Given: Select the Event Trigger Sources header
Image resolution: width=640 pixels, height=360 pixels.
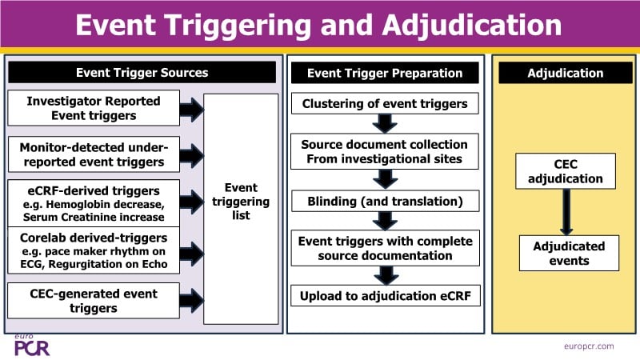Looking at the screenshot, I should click(142, 73).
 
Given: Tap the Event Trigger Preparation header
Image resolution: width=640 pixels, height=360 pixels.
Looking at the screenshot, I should click(386, 73).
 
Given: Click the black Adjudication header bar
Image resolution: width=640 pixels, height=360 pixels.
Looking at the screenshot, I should click(566, 73).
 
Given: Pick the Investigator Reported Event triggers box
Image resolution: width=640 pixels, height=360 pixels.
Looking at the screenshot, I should click(94, 108).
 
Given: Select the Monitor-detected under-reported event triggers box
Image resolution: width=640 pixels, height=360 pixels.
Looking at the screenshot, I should click(94, 154).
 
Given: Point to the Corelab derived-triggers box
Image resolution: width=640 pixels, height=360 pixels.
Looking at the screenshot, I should click(94, 250).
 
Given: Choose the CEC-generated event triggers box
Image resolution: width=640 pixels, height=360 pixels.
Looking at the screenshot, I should click(94, 300).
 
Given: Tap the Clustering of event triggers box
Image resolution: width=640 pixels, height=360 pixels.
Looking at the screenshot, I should click(385, 103).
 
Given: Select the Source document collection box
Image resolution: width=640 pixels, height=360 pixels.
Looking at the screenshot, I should click(385, 151).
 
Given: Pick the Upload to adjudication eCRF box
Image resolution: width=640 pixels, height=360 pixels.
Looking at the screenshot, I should click(385, 296).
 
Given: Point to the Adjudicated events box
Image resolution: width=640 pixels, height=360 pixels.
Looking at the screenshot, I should click(569, 254).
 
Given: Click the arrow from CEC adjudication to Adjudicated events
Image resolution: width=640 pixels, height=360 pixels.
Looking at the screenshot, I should click(566, 213).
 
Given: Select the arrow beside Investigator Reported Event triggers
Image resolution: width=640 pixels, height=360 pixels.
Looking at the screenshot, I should click(192, 110).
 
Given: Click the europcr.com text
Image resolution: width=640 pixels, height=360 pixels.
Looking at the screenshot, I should click(588, 346).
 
